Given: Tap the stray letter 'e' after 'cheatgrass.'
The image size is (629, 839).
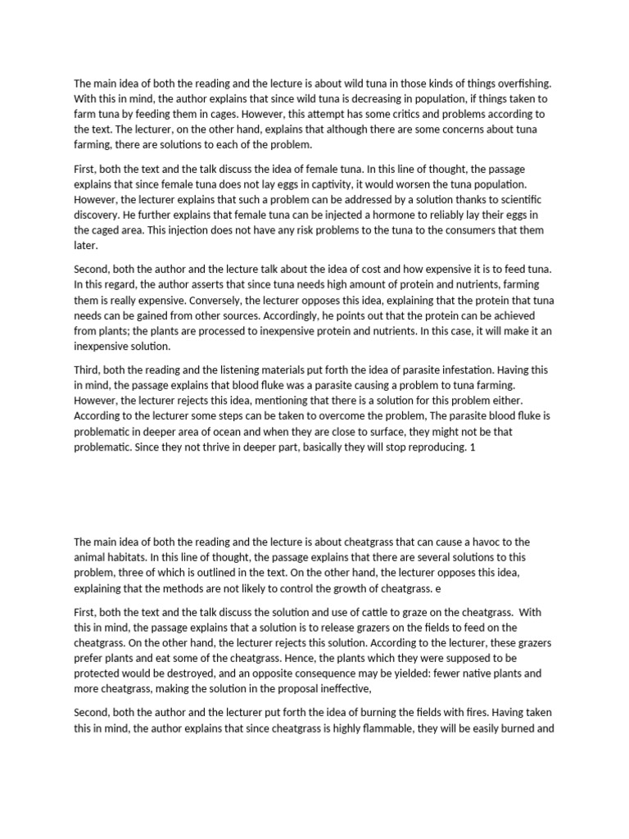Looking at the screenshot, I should pyautogui.click(x=440, y=588).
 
